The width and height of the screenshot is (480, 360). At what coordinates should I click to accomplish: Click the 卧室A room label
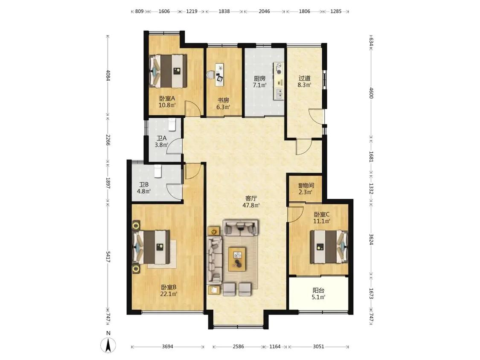(x=167, y=99)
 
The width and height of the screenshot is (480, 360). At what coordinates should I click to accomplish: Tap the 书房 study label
(x=223, y=100)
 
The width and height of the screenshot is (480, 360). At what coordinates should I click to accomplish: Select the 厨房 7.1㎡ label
(x=259, y=82)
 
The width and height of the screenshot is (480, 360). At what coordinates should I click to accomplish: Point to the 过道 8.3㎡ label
(x=304, y=81)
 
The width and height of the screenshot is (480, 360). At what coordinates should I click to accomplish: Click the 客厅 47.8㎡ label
(x=251, y=202)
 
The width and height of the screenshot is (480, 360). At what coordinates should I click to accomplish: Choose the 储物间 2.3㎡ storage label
(x=306, y=189)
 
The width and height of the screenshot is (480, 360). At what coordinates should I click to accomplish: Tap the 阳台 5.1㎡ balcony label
(x=318, y=293)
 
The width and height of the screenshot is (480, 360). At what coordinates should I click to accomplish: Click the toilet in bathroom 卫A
(x=172, y=124)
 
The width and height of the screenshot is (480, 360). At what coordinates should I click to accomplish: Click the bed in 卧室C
(x=329, y=247)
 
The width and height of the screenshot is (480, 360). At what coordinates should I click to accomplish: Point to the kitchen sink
(x=279, y=93)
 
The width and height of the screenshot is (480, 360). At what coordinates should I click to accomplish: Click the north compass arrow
(x=108, y=345)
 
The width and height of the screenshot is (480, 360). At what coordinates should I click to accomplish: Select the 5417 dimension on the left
(x=108, y=256)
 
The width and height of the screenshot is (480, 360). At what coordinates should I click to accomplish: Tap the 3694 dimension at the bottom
(x=167, y=346)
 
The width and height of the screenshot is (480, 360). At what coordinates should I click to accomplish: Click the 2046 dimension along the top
(x=264, y=12)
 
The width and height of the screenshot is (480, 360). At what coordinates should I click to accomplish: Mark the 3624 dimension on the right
(x=371, y=239)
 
